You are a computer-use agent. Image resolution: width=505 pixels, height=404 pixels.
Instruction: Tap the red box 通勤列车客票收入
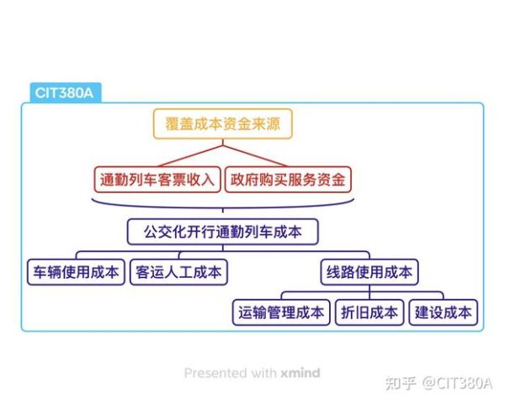coord(157,178)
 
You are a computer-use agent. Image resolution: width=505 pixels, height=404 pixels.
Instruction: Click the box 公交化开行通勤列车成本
coord(222,231)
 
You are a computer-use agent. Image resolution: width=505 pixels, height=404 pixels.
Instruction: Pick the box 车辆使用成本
coord(76,272)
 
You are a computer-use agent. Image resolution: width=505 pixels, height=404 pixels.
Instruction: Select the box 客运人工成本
coord(178,272)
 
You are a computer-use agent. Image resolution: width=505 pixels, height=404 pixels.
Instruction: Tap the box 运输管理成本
coord(281,312)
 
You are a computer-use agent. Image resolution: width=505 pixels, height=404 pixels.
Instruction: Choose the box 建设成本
coord(444,312)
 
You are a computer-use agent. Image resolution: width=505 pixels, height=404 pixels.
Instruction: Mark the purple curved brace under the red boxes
coord(222,205)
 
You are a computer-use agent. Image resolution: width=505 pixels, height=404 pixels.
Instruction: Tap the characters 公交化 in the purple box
coord(162,231)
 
